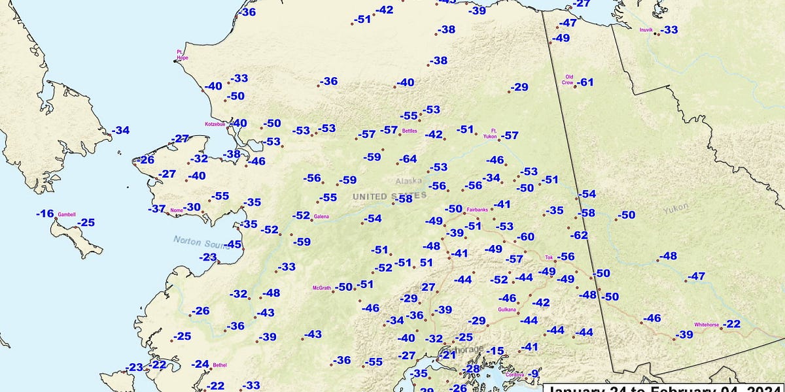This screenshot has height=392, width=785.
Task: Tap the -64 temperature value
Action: click(408, 159)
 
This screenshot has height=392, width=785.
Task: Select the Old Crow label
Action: click(568, 80)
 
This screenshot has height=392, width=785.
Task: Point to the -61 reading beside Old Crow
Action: click(585, 82)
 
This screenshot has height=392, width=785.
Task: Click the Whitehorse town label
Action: click(706, 325)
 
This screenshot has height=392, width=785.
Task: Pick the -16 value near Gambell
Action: click(44, 214)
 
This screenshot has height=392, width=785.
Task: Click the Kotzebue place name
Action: click(215, 123)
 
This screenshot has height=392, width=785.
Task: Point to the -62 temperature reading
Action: click(578, 235)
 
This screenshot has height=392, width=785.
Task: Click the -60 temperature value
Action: click(525, 237)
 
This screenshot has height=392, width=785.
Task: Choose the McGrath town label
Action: click(322, 287)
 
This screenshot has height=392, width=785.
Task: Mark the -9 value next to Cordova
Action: click(534, 374)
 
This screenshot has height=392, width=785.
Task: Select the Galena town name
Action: click(321, 216)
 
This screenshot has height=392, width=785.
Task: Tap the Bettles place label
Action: click(409, 131)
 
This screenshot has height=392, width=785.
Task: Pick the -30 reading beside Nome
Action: click(192, 207)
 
